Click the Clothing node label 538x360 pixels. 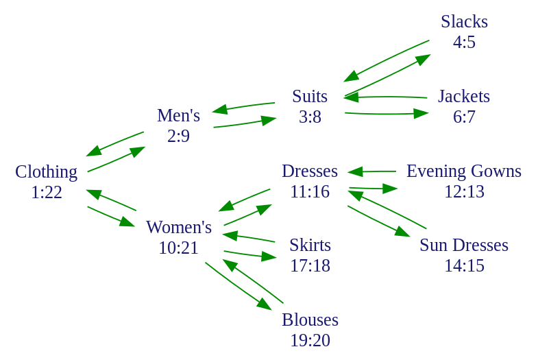[47, 172]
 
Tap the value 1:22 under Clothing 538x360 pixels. [47, 192]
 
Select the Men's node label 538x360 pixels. [178, 115]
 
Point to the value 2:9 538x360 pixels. [178, 136]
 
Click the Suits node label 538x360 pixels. [310, 97]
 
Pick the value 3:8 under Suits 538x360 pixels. [310, 117]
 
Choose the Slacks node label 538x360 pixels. [464, 22]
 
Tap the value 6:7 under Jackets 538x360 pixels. [464, 117]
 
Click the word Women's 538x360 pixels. [179, 227]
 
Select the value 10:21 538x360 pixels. [179, 248]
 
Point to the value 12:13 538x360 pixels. [464, 191]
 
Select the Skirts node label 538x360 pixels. [310, 245]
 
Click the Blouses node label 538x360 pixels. [310, 320]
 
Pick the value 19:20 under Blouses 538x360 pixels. [310, 340]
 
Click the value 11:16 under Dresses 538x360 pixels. [310, 191]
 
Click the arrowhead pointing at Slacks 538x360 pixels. [423, 59]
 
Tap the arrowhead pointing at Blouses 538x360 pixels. [264, 304]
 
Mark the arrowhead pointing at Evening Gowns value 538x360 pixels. [390, 189]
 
